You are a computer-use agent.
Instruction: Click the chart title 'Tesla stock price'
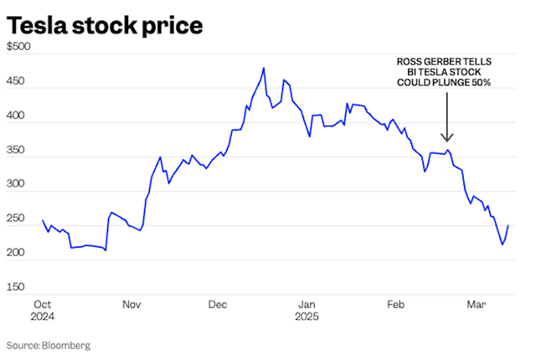pos(105,27)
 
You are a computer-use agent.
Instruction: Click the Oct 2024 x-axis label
pos(43,311)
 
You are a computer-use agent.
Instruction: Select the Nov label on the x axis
pos(131,305)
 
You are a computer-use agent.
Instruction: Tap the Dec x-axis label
pos(220,305)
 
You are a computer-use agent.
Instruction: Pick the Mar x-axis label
pos(475,305)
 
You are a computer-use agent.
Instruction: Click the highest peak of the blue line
pos(264,69)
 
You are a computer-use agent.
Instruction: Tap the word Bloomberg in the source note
pos(65,345)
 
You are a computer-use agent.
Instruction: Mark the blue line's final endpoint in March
pos(508,226)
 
